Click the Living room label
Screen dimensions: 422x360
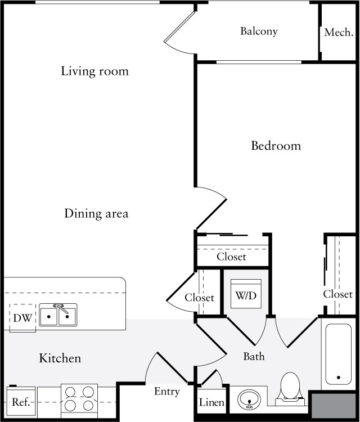94,71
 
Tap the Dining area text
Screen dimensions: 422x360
96,214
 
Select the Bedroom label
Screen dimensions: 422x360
276,146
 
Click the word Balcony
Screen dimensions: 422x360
259,31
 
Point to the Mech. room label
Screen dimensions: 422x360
339,33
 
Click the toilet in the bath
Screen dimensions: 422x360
291,388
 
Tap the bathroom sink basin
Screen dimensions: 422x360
249,400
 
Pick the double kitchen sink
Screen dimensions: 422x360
58,316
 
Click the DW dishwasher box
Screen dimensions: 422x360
22,318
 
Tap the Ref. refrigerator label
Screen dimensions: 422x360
20,403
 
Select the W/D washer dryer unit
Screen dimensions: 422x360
246,294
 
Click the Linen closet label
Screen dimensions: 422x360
211,403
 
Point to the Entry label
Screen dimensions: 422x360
167,392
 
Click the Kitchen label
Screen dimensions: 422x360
60,358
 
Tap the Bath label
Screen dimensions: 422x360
254,357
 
